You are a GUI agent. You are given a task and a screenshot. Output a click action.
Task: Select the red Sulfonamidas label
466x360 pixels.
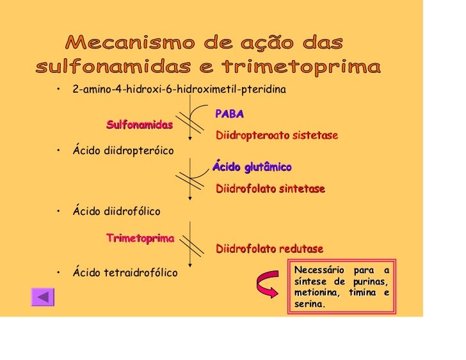click(x=140, y=124)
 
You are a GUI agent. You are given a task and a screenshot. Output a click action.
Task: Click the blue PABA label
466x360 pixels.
click(x=230, y=114)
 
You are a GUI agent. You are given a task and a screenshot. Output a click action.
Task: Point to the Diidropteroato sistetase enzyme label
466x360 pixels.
click(x=277, y=136)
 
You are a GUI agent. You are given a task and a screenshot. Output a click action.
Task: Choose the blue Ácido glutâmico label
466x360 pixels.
click(x=252, y=167)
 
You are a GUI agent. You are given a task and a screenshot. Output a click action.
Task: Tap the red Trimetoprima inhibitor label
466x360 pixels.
click(x=140, y=239)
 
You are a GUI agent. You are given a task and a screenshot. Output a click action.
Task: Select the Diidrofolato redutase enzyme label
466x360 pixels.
click(x=269, y=248)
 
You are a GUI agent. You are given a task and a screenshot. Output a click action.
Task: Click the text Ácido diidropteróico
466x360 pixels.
click(x=123, y=150)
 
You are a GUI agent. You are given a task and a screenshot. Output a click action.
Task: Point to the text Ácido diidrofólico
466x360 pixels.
click(x=116, y=210)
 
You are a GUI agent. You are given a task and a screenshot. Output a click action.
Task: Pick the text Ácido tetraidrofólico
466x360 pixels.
click(x=125, y=273)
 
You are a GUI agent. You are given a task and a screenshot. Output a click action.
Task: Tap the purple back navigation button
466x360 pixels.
click(x=43, y=297)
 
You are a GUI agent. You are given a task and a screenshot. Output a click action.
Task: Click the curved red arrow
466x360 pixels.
click(x=269, y=286)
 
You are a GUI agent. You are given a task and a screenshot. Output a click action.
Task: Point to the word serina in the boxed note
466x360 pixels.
click(x=309, y=304)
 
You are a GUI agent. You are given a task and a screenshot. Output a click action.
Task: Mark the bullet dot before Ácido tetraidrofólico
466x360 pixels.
click(x=58, y=273)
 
